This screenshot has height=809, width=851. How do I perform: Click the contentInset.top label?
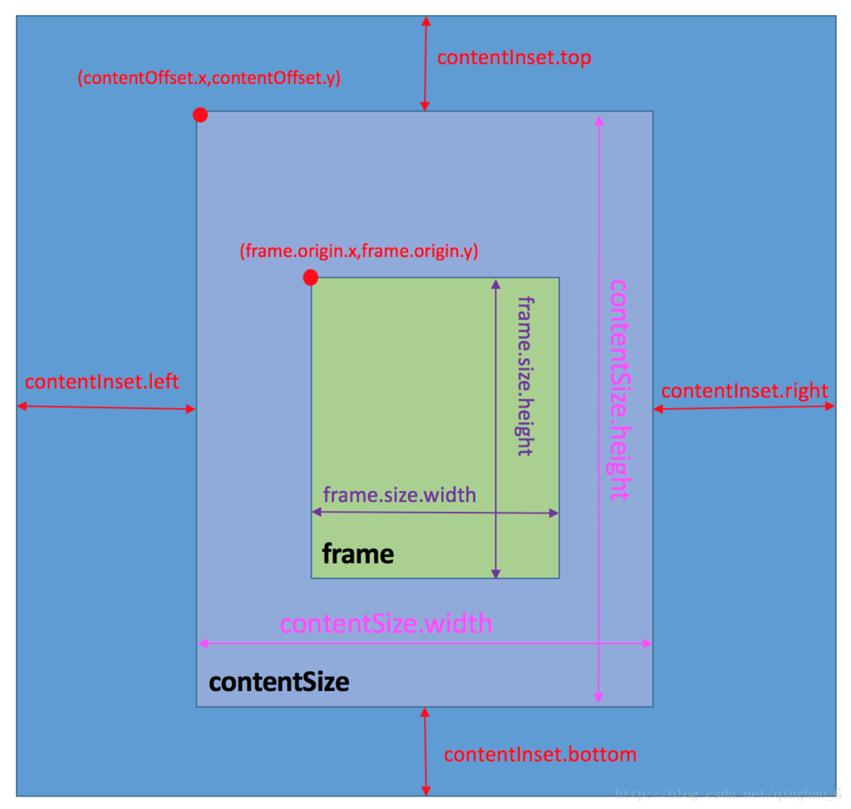coord(514,57)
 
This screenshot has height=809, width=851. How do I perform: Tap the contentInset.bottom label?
coord(540,755)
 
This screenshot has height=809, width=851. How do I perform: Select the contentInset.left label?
coord(101,382)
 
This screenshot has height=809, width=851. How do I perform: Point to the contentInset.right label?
coord(745,391)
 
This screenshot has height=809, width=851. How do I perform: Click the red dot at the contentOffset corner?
coord(200,115)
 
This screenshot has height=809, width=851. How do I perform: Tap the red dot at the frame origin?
coord(311,277)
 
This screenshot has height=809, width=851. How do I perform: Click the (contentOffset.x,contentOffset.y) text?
coord(209,79)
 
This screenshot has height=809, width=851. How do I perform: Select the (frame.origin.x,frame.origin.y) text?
coord(358,251)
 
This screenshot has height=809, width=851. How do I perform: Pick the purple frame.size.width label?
coord(399,496)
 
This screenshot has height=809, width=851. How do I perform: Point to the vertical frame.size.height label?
coord(524,375)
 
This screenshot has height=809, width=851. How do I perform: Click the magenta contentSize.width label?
coord(386,624)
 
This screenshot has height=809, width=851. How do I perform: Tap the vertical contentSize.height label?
coord(619,388)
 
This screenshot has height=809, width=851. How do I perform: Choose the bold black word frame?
coord(357,554)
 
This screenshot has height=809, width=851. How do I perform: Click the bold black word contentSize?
coord(278,683)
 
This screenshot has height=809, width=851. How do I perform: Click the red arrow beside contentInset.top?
coord(425,62)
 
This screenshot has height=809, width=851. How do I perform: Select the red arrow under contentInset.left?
coord(106,407)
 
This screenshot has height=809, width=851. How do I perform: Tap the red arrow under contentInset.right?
coord(744,407)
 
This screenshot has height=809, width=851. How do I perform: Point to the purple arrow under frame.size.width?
coord(435,513)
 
